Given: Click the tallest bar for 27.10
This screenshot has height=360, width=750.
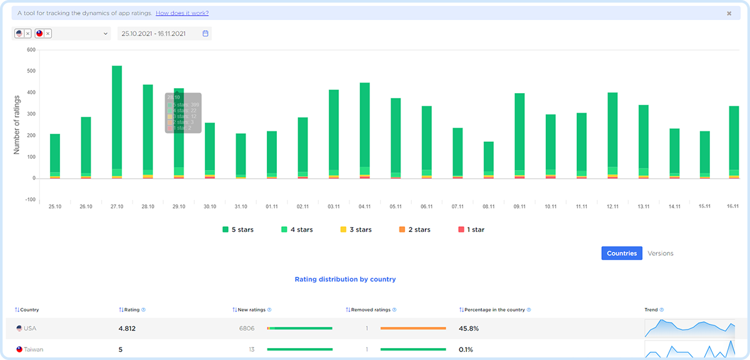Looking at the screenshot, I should coord(117,119).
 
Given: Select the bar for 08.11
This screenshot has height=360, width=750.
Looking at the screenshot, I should coord(489,156).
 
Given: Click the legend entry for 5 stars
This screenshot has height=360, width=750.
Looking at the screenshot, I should coord(238,229).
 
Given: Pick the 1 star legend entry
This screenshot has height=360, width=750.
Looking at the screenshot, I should coord(471,229).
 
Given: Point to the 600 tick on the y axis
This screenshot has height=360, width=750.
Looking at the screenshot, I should coord(31,49).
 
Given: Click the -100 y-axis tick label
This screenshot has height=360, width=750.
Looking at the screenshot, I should coord(29,200).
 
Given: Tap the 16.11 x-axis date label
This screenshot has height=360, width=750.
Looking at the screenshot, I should coord(733,206).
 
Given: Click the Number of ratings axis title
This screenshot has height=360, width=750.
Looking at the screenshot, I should coord(17,124).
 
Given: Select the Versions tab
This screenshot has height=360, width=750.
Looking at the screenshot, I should coord(661,253).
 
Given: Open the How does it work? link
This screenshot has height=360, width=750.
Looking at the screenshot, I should coord(182,13).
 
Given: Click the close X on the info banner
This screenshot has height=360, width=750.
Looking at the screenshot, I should coord(729,13).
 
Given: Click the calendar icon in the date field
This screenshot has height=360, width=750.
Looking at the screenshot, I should coord(205,34).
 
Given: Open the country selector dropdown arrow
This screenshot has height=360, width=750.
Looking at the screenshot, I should coord(106,34).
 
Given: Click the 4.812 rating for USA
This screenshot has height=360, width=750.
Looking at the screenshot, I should coord(127,328).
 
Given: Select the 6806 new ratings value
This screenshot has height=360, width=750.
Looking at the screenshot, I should coord(246,328).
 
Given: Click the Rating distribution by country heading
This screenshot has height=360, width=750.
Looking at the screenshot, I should coord(345,279).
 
